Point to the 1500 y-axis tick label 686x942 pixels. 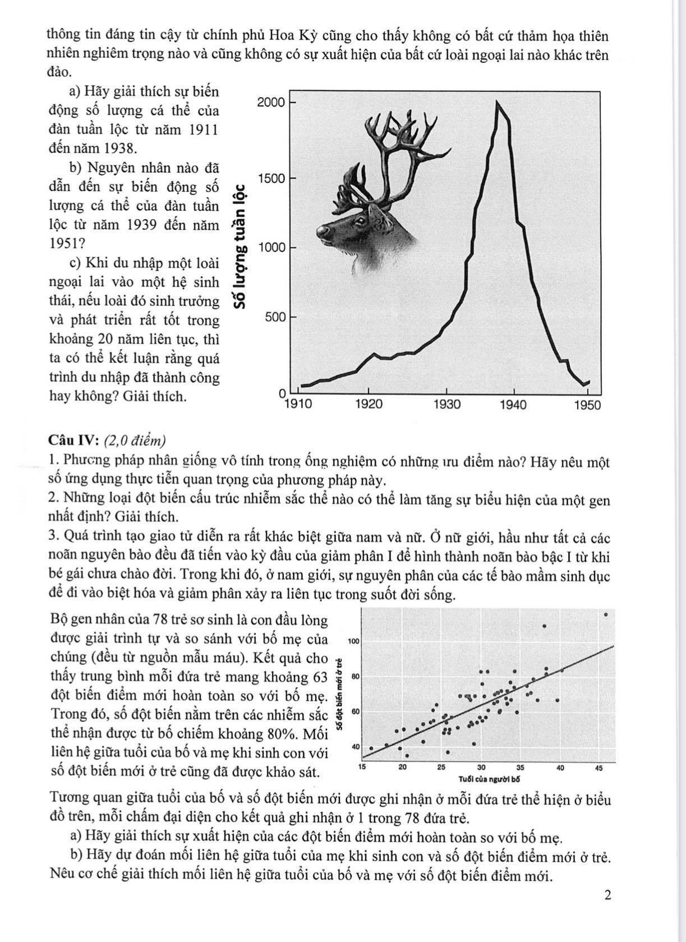click(271, 178)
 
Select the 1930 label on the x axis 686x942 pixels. click(446, 404)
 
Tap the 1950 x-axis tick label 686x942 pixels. click(587, 404)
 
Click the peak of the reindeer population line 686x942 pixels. click(497, 101)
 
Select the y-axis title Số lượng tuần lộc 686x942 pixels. click(241, 247)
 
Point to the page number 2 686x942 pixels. click(608, 895)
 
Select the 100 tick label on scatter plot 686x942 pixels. click(354, 640)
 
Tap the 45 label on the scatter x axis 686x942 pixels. click(599, 768)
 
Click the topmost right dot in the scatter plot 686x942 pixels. click(606, 615)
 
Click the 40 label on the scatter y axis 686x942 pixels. click(355, 747)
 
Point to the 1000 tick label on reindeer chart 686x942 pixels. click(271, 248)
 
